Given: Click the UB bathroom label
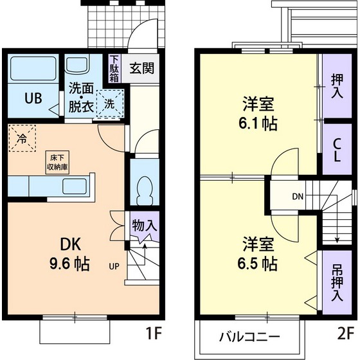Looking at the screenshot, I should [33, 99].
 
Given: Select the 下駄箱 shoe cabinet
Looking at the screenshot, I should [114, 68].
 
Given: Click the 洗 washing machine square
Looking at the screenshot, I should [109, 103].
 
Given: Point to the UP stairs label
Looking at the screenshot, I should [113, 265].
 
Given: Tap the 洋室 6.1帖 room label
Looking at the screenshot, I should [260, 113].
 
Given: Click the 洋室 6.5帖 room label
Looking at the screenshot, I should [260, 254].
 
